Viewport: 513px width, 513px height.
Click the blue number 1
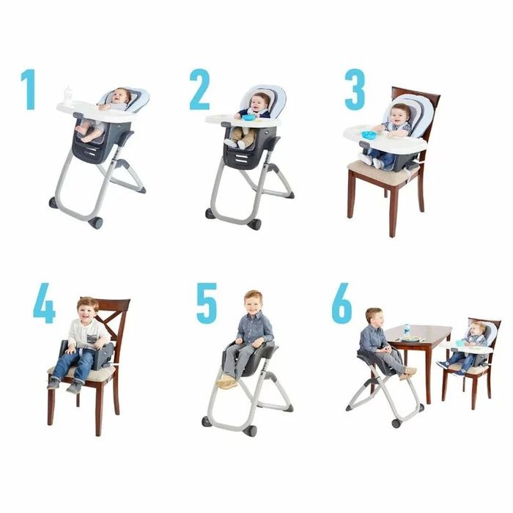(29, 89)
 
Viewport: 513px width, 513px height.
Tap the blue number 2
(199, 89)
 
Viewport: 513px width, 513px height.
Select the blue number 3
(355, 89)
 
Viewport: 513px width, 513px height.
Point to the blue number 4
(44, 303)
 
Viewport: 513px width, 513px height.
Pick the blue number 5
(207, 303)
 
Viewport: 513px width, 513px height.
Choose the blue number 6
(342, 303)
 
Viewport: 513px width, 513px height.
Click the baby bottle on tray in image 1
(68, 95)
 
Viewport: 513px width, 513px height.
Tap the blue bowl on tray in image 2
(248, 117)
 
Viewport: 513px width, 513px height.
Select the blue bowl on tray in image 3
(369, 134)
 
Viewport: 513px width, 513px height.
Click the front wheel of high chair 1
(95, 223)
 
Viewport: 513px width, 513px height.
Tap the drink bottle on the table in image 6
(407, 330)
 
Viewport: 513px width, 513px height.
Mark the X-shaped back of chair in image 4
(111, 323)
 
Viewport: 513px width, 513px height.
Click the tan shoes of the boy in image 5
(226, 382)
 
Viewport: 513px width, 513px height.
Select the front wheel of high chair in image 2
(254, 224)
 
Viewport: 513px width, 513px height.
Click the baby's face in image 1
(122, 95)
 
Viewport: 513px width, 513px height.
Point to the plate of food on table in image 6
(411, 339)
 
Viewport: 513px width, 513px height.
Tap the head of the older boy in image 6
(374, 318)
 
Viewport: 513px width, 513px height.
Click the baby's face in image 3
(400, 114)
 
